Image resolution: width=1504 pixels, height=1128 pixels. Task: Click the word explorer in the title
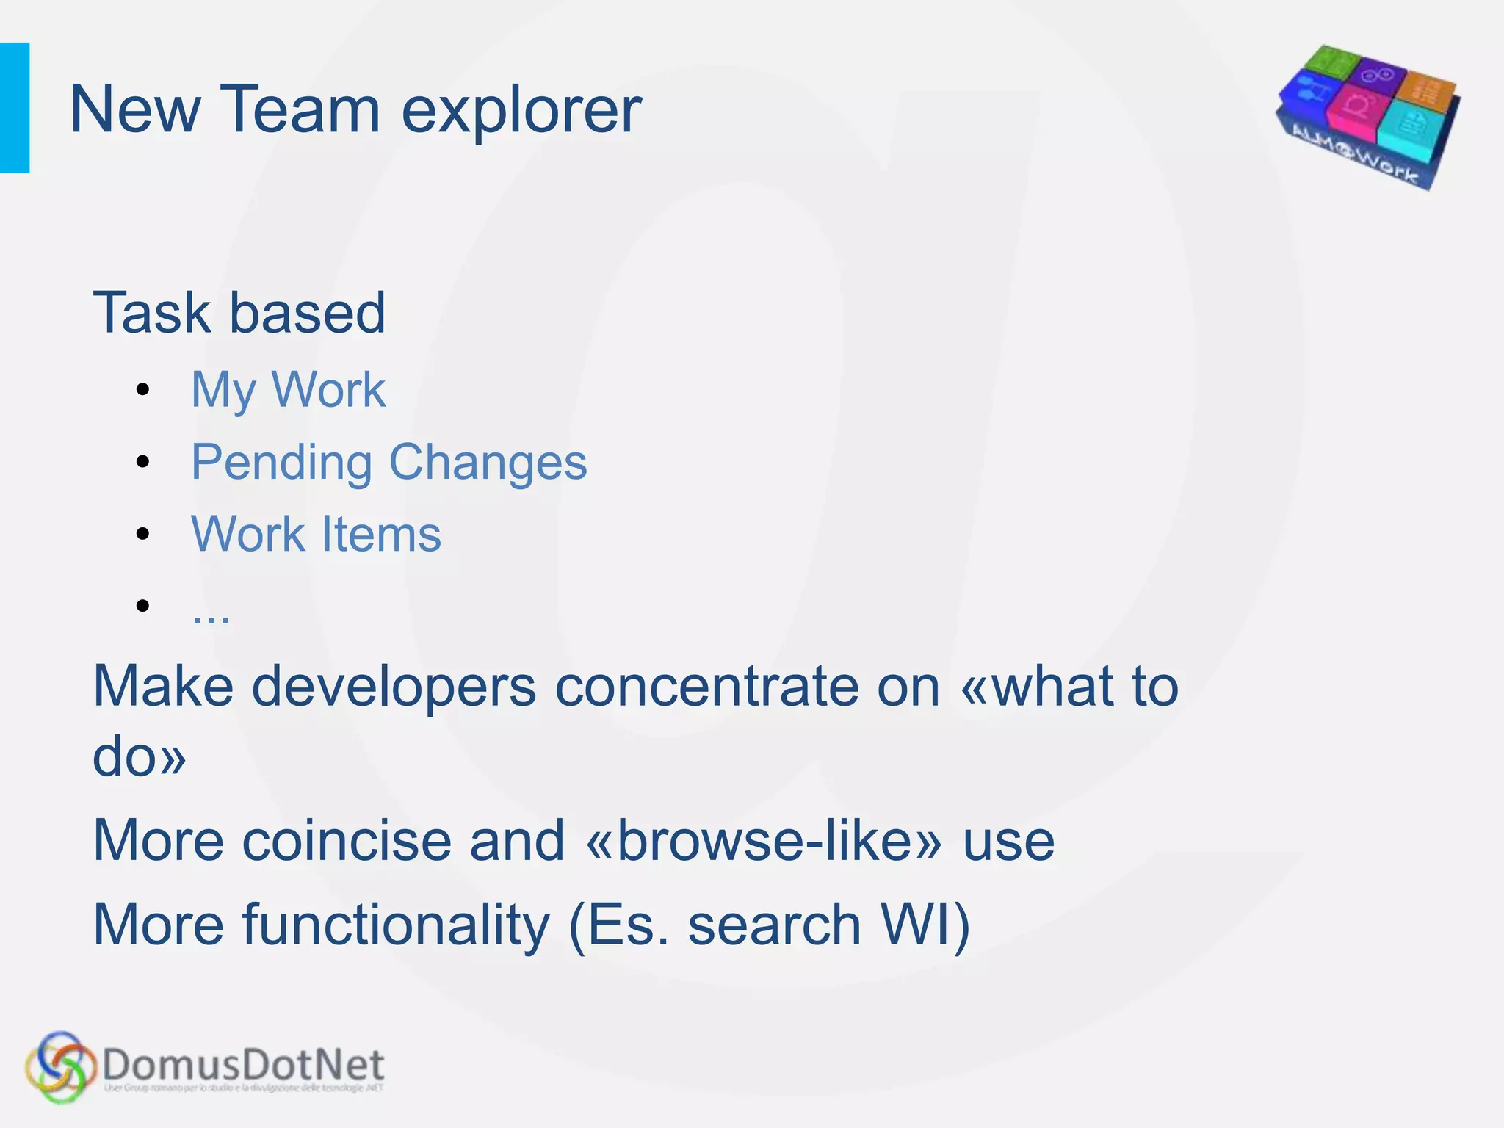[x=521, y=112]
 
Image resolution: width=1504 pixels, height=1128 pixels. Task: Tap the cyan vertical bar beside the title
[x=15, y=108]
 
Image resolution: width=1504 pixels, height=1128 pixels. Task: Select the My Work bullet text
[x=288, y=389]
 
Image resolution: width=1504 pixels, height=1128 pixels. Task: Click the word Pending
[x=281, y=463]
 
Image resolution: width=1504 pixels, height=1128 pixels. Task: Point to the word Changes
[x=488, y=463]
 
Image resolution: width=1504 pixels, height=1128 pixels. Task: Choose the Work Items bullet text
[x=316, y=534]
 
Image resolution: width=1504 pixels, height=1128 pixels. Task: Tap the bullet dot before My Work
[x=142, y=389]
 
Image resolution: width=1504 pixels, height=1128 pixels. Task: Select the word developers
[x=394, y=687]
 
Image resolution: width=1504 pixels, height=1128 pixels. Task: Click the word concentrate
[x=706, y=687]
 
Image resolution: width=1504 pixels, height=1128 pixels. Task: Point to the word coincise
[x=346, y=841]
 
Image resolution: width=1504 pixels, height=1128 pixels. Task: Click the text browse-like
[x=764, y=841]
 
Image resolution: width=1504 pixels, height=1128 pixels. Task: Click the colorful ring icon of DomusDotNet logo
[x=60, y=1067]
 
